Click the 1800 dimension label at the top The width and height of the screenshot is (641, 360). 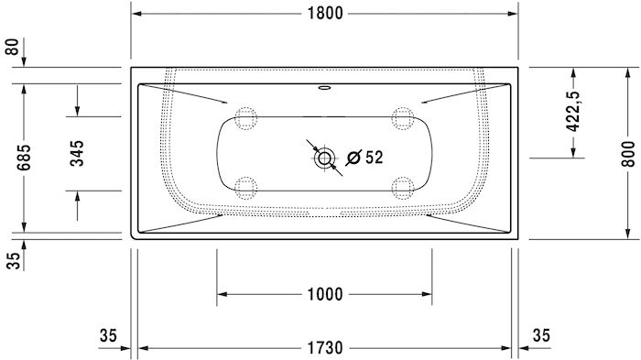(323, 13)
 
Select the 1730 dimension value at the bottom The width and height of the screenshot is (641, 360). (323, 348)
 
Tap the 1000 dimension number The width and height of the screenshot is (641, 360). (323, 294)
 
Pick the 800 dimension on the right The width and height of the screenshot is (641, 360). (627, 153)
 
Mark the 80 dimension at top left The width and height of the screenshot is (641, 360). (12, 48)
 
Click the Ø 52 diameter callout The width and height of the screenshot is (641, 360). (365, 158)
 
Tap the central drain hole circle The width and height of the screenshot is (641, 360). (324, 158)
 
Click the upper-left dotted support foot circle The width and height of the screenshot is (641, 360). (245, 117)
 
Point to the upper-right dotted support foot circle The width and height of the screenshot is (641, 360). (401, 117)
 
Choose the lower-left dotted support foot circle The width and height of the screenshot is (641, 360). (245, 188)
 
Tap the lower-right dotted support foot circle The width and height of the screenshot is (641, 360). (401, 188)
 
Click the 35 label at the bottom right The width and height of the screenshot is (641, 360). (540, 336)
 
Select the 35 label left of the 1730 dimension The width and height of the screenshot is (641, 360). (108, 336)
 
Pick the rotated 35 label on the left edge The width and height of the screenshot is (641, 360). (12, 260)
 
